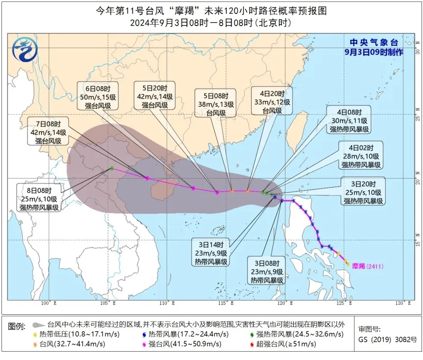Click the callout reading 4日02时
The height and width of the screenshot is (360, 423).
point(362,156)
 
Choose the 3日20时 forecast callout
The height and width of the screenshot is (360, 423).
point(364,192)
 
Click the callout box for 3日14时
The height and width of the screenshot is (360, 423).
point(211,253)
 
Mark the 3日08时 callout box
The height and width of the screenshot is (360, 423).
point(266,271)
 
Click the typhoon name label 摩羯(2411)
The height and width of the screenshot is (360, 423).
point(368,266)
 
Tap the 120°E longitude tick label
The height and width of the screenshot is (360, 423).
point(283,303)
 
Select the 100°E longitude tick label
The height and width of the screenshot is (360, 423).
point(46,303)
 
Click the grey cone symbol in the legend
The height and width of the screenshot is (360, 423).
point(37,325)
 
